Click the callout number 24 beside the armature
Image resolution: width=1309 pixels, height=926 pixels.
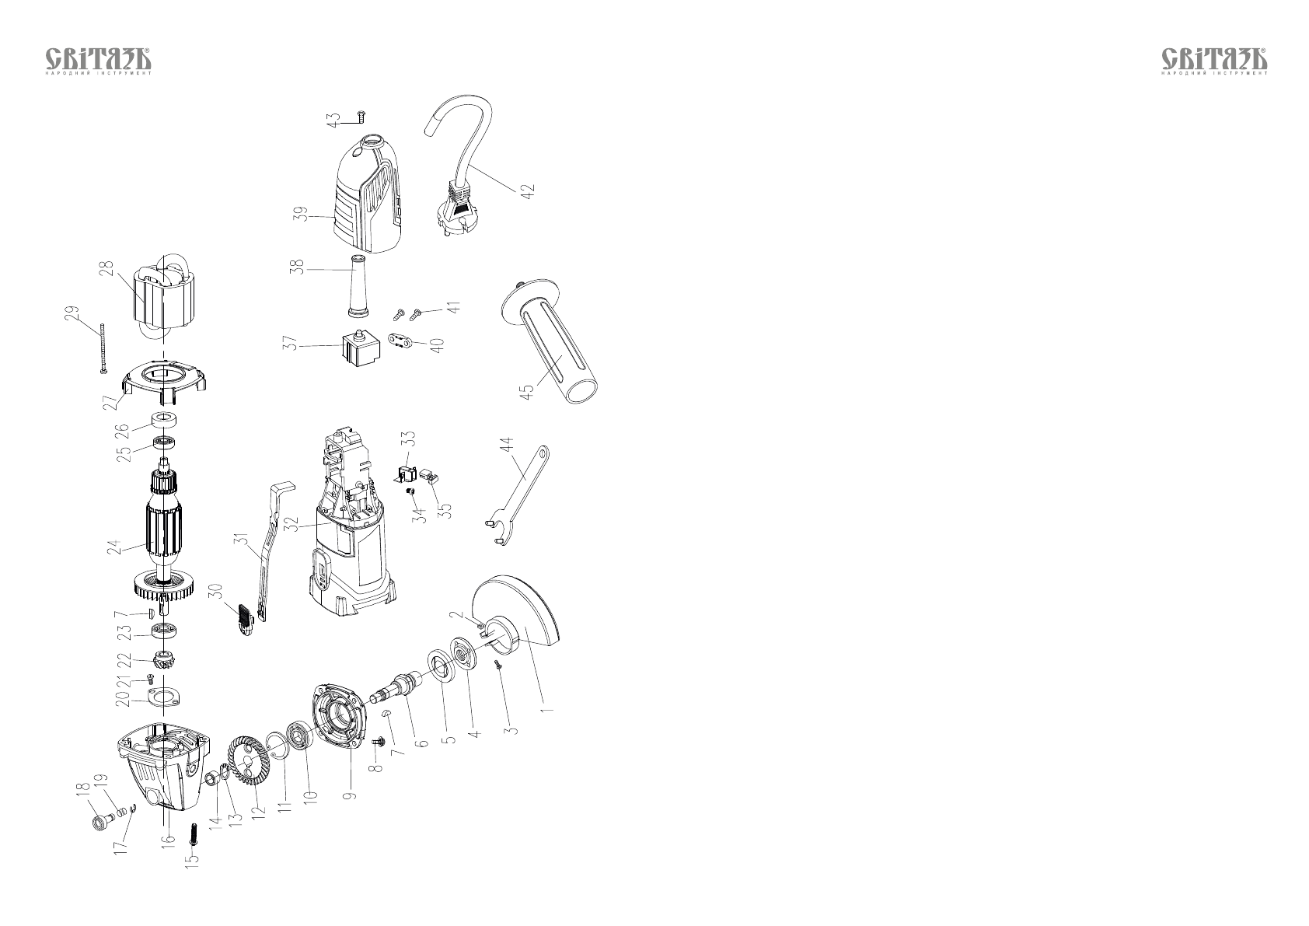[115, 547]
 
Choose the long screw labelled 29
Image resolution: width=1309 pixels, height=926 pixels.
[102, 350]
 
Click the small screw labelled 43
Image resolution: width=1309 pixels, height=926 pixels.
[361, 117]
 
